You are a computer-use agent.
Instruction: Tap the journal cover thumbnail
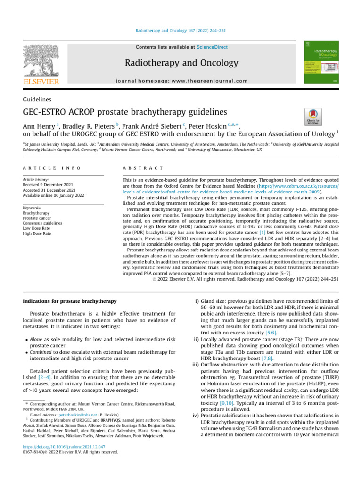pos(322,64)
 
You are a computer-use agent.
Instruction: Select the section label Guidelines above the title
pos(38,99)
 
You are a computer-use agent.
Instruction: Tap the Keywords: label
pos(32,208)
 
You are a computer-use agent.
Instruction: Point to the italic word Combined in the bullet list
pos(41,351)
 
